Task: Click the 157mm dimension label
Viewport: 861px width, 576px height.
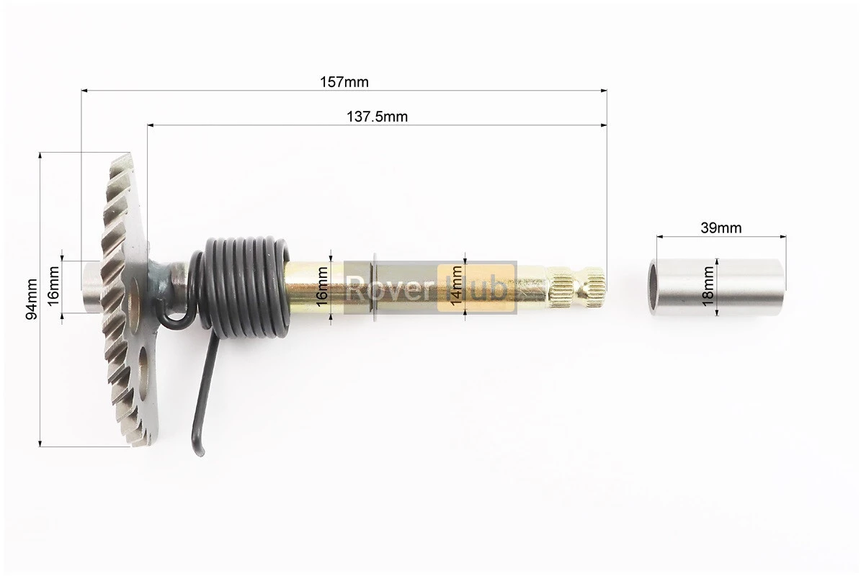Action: click(x=344, y=82)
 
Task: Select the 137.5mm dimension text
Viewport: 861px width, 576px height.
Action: click(x=378, y=117)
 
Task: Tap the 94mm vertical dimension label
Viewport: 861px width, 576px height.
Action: click(x=32, y=299)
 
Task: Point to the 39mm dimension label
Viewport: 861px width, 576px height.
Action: click(x=721, y=227)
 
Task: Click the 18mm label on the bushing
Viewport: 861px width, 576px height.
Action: click(x=708, y=287)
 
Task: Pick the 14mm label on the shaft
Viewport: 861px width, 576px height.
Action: click(x=456, y=286)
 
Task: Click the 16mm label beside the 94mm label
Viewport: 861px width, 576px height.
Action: click(x=53, y=286)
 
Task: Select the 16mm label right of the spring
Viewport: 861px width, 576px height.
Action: click(x=322, y=286)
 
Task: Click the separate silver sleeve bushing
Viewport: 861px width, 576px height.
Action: click(x=717, y=287)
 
